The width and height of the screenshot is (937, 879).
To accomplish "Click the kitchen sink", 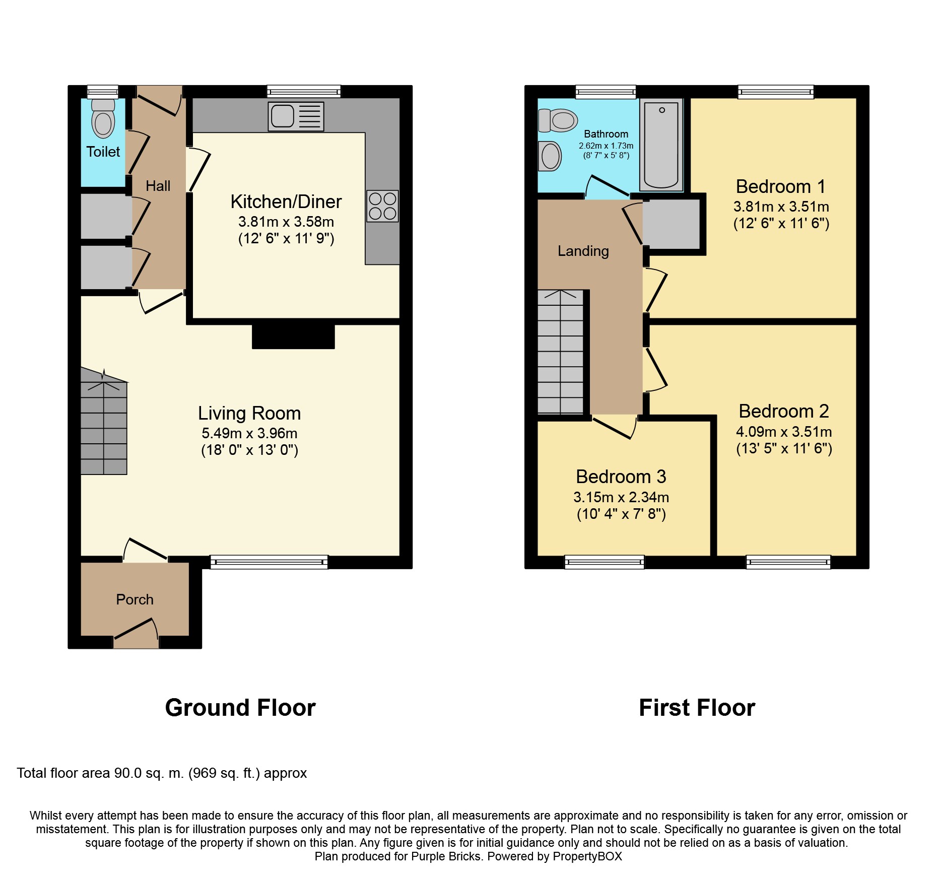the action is [296, 116].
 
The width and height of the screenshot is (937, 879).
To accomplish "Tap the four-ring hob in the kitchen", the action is [382, 206].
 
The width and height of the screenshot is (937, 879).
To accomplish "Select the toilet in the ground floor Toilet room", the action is [103, 118].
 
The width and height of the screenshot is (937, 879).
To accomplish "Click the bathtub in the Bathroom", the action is [661, 145].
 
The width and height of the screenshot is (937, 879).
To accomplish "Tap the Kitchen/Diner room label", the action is [286, 201].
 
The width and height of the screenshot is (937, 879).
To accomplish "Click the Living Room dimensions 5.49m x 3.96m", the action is [249, 433].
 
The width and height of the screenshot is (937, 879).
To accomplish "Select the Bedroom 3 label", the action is [621, 477].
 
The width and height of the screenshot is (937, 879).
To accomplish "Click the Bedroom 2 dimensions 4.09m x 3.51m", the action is [784, 432].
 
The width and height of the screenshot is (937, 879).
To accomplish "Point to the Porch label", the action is [135, 599].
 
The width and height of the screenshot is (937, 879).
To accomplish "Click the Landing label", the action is [583, 251].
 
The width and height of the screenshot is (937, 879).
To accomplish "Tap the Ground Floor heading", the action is [240, 708].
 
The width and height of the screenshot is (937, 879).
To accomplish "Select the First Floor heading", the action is [697, 708].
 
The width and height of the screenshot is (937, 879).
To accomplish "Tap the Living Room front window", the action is [269, 562].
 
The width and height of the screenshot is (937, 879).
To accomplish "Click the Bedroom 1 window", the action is [776, 92].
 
